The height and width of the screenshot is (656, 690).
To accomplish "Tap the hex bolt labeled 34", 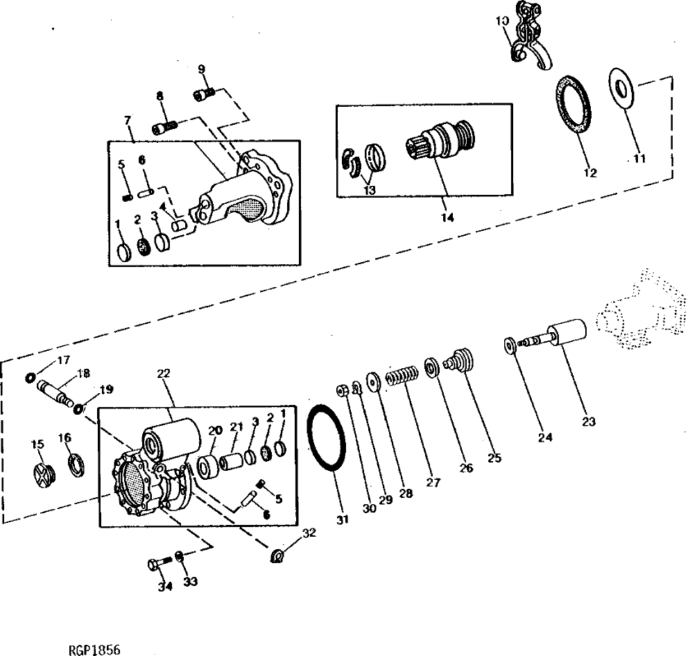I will point(155,564).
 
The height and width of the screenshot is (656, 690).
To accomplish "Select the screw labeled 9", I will point(204,94).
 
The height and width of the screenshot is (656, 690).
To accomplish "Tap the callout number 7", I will point(128,120).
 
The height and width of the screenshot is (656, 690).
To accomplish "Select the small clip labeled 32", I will point(277,555).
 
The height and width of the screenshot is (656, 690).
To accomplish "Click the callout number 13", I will point(369,189).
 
